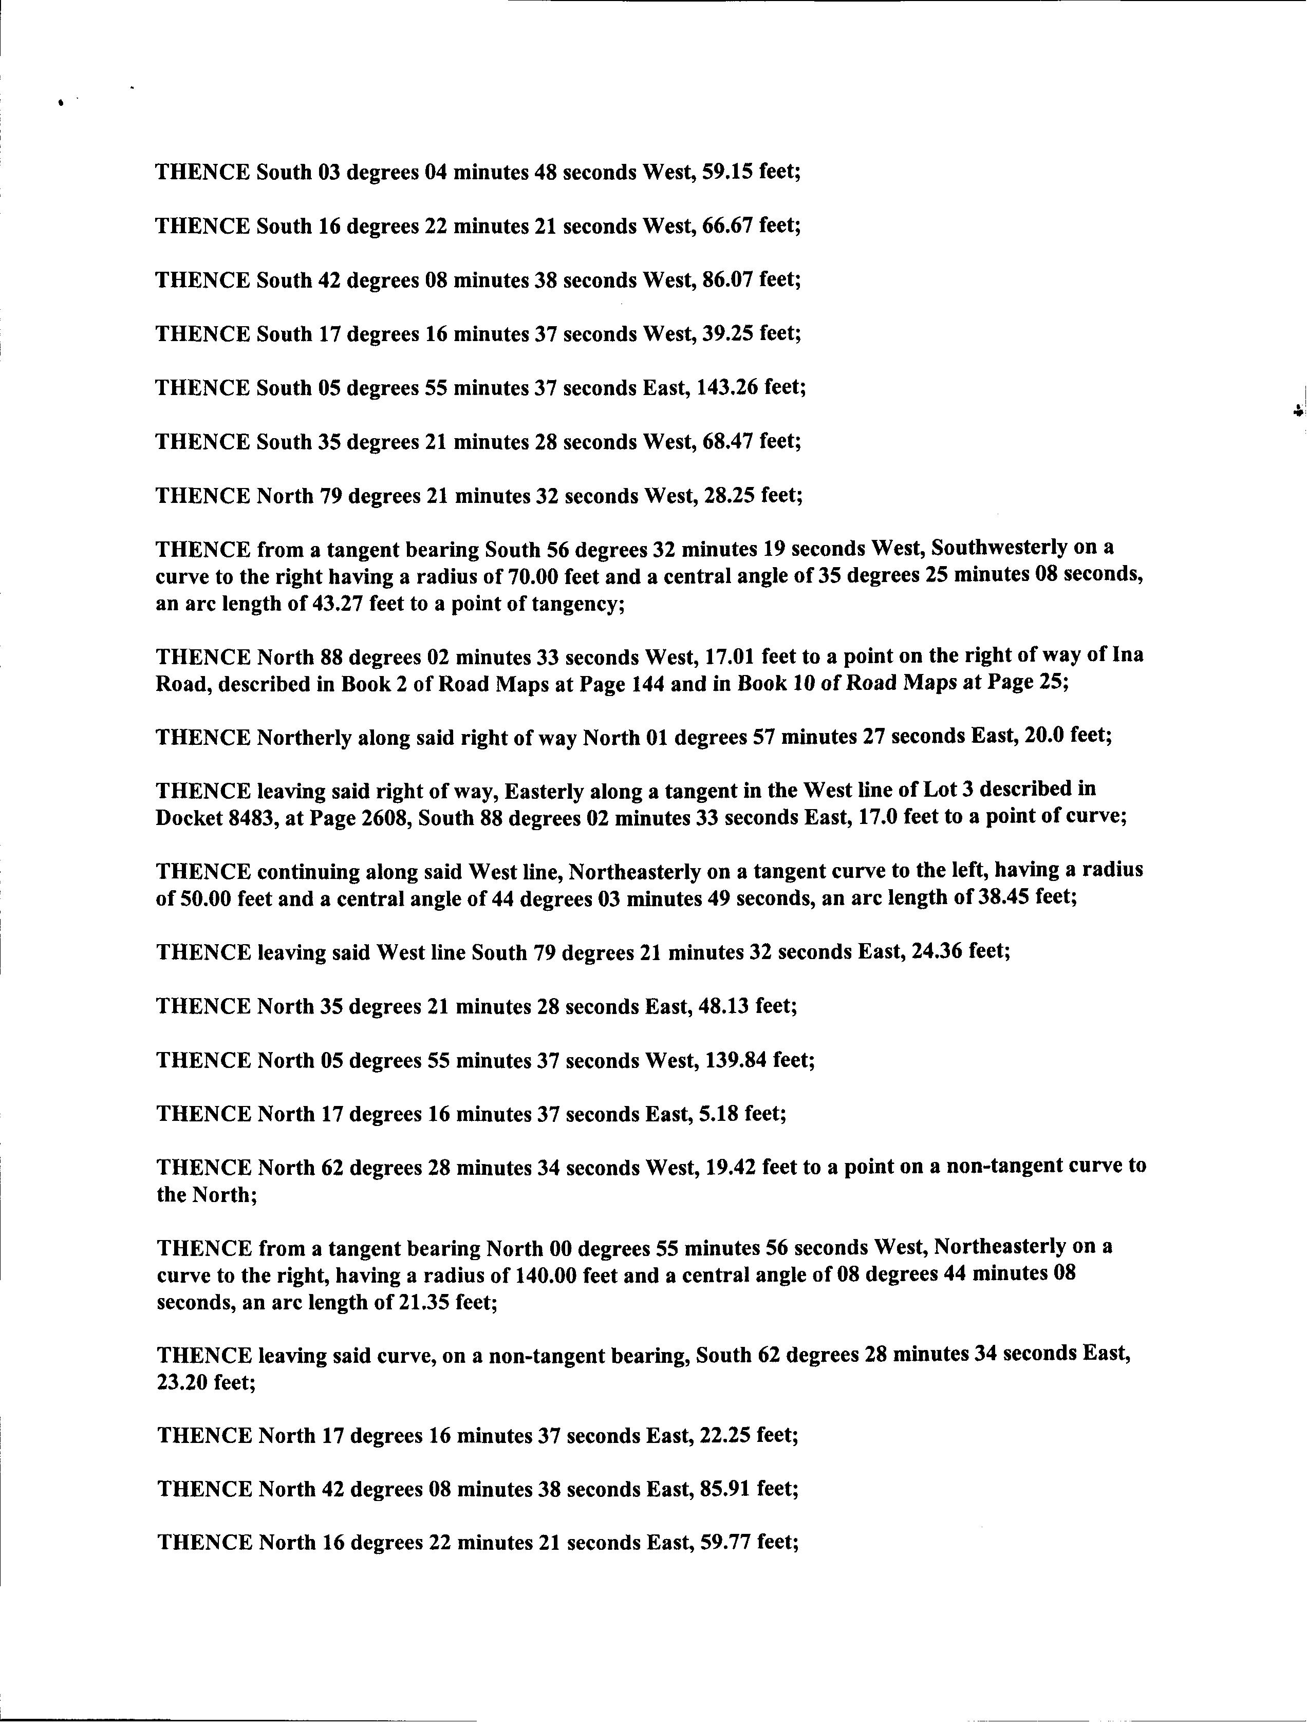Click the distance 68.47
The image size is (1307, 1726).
click(x=727, y=442)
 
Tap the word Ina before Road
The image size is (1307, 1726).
click(x=1127, y=654)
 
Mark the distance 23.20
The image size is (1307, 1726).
click(x=182, y=1382)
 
